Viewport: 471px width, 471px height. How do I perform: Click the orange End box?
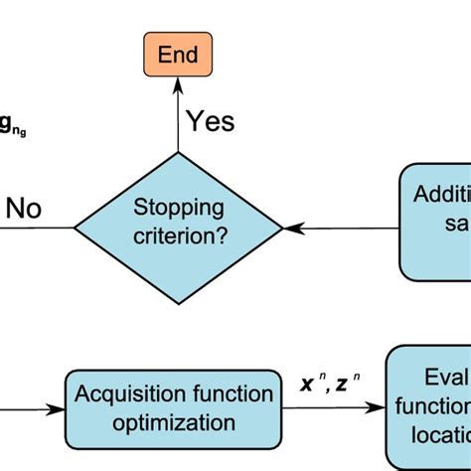click(x=178, y=54)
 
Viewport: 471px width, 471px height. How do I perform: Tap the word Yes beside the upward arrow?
click(x=210, y=121)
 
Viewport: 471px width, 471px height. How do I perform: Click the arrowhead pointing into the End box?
click(x=178, y=84)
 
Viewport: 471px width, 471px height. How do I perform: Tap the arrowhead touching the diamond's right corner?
click(x=290, y=228)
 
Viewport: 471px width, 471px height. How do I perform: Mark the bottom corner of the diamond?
click(x=178, y=303)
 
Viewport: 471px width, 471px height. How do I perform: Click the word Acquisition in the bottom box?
click(x=126, y=393)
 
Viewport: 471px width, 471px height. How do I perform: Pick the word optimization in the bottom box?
click(x=174, y=423)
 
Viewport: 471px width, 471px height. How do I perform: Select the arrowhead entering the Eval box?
click(x=379, y=407)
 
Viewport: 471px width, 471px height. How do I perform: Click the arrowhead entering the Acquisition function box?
click(x=59, y=407)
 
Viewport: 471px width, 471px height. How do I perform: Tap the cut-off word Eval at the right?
click(x=446, y=378)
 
